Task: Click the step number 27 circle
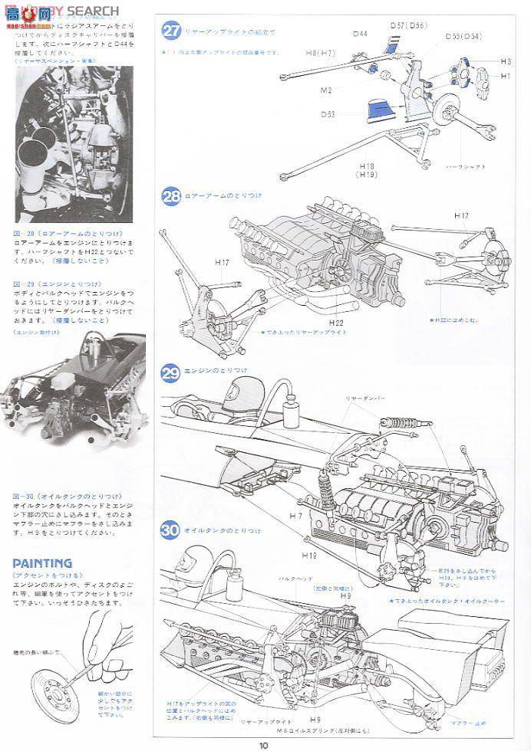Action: pyautogui.click(x=171, y=31)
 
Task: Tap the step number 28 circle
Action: pyautogui.click(x=171, y=197)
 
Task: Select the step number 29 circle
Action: pyautogui.click(x=171, y=373)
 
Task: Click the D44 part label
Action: pyautogui.click(x=361, y=34)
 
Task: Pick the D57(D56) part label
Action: pyautogui.click(x=407, y=25)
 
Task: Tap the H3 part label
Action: pyautogui.click(x=505, y=61)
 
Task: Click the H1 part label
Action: pyautogui.click(x=505, y=76)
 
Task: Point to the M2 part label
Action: pyautogui.click(x=325, y=90)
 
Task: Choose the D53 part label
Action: pyautogui.click(x=328, y=115)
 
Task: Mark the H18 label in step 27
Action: pyautogui.click(x=364, y=166)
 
